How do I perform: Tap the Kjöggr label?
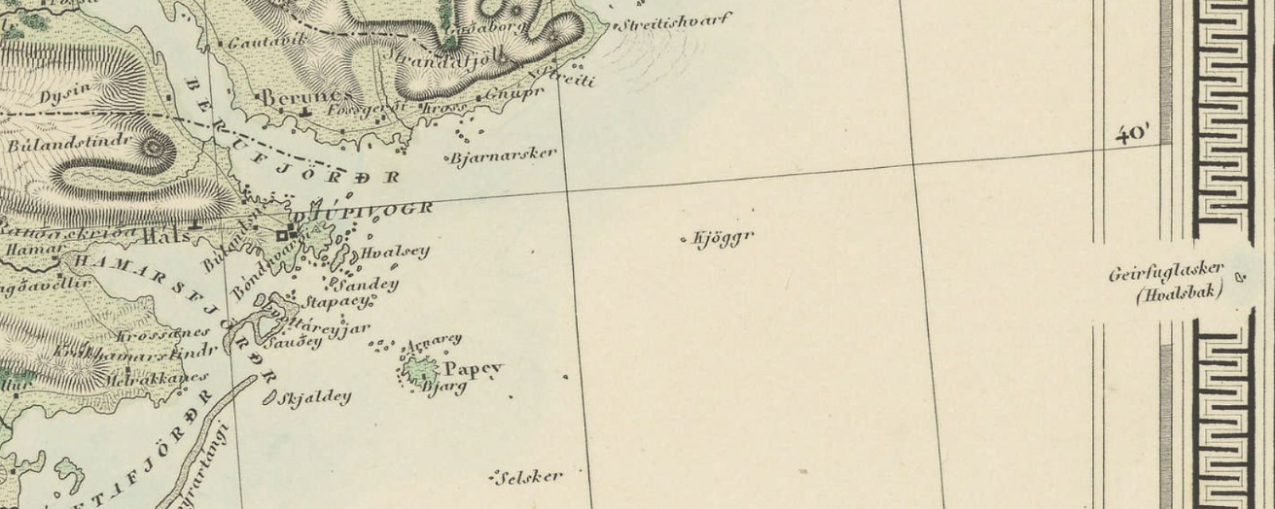click(x=723, y=237)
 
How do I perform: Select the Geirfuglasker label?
click(x=1166, y=274)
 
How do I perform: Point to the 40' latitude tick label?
click(x=1133, y=133)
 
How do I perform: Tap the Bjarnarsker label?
click(x=504, y=153)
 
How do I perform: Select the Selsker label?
click(x=530, y=477)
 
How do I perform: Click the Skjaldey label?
click(x=314, y=397)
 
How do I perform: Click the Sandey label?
click(x=367, y=285)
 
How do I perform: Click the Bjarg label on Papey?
click(x=446, y=387)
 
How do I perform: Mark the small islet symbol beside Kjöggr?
click(x=684, y=238)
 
